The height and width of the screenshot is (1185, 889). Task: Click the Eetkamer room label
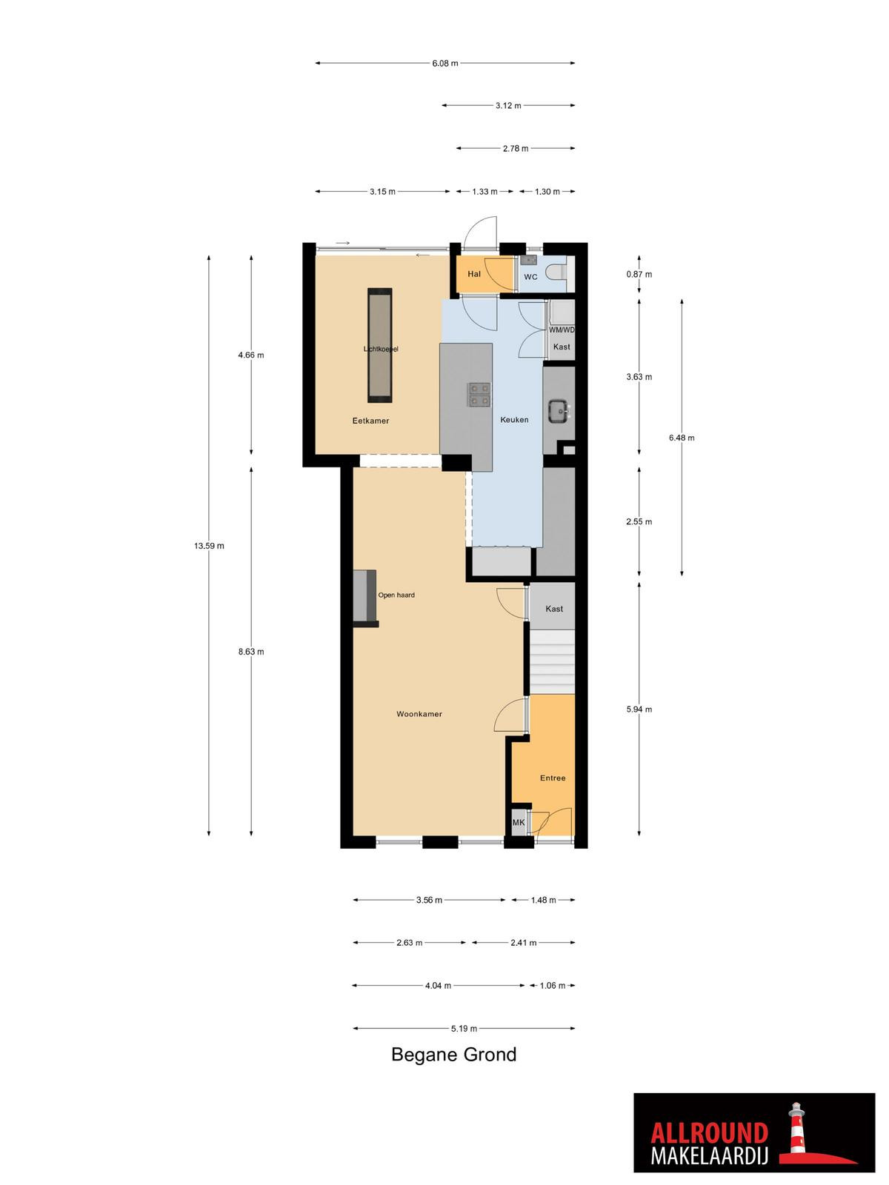tap(370, 421)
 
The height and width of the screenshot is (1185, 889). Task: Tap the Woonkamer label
tap(419, 714)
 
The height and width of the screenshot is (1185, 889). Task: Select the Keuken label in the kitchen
tap(514, 419)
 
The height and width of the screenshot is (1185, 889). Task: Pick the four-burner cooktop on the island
tap(479, 394)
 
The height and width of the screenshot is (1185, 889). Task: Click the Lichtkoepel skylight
tap(380, 346)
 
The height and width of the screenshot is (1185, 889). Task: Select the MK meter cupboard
tap(518, 823)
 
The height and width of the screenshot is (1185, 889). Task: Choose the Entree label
tap(553, 778)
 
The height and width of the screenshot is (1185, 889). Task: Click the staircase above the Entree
tap(552, 662)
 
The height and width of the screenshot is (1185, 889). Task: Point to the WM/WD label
tap(562, 330)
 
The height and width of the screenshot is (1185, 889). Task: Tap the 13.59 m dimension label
tap(209, 546)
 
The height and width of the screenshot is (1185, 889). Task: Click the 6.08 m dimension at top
tap(444, 63)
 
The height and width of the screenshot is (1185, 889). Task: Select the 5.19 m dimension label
tap(465, 1029)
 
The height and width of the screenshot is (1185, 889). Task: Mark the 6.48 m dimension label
tap(682, 438)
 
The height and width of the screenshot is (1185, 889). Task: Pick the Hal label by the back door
tap(474, 274)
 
